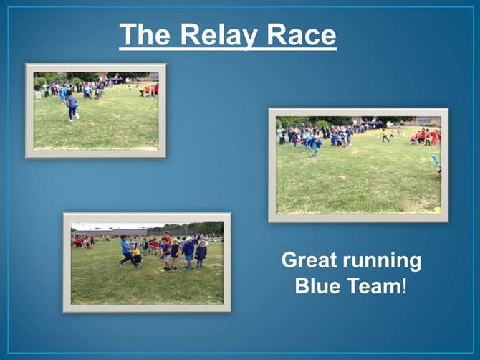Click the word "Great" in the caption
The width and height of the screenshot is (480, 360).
coord(309,260)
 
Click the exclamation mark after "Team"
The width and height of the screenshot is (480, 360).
coord(404,285)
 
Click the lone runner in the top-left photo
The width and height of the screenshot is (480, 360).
coord(72,105)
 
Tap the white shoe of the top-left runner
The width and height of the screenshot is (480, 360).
coord(77,116)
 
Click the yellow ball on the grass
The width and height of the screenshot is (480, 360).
coord(163,270)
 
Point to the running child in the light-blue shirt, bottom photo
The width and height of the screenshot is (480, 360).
coord(127,250)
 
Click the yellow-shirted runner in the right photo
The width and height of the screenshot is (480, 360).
coord(385,136)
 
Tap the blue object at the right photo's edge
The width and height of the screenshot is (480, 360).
coord(436,160)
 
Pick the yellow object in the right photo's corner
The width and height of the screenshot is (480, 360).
coord(438,210)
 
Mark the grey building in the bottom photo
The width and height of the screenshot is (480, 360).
coord(110,232)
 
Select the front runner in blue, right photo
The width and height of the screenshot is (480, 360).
coord(316,146)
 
